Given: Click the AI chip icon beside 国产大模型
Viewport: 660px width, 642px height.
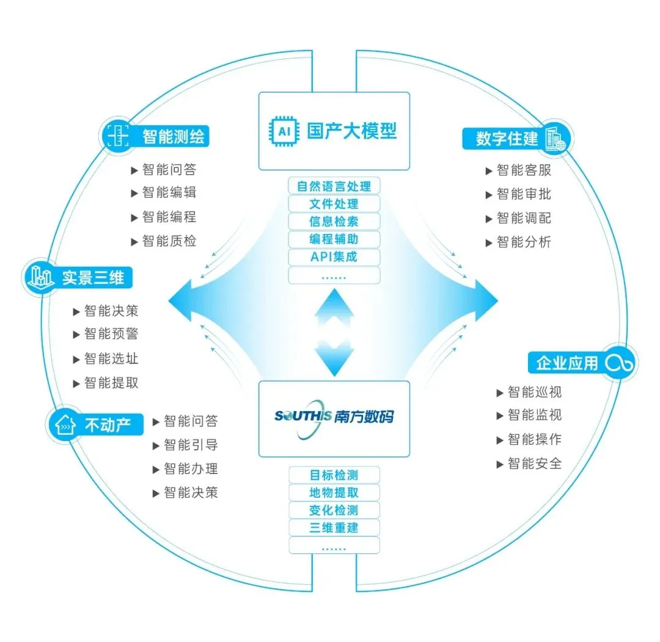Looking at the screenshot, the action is [285, 131].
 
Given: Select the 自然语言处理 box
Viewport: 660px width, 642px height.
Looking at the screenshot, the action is [334, 186].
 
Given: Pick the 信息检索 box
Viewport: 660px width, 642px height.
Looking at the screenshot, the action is [334, 221].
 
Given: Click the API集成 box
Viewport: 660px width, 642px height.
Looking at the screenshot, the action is [334, 257].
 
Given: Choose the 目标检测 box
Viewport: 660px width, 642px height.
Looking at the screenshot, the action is [334, 475].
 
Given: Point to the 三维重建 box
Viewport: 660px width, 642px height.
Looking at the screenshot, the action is [334, 528].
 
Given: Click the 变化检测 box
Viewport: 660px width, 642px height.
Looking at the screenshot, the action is [334, 510].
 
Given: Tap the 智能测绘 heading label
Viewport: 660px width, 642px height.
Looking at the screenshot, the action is [174, 136].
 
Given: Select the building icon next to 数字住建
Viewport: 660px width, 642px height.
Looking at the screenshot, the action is [555, 139].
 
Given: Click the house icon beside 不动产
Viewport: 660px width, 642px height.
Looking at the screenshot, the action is [65, 424].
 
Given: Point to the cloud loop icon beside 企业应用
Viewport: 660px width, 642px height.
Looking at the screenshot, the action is [619, 363].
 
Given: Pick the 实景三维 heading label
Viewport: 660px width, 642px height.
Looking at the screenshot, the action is [93, 278].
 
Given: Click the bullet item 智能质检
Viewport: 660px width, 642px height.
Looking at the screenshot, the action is [164, 241].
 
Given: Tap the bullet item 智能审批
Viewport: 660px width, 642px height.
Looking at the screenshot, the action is [518, 194].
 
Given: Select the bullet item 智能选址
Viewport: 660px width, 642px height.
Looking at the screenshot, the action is [106, 359].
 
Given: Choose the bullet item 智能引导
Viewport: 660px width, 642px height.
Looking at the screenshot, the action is [185, 445].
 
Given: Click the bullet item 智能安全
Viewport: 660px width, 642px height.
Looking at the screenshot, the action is [529, 464].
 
